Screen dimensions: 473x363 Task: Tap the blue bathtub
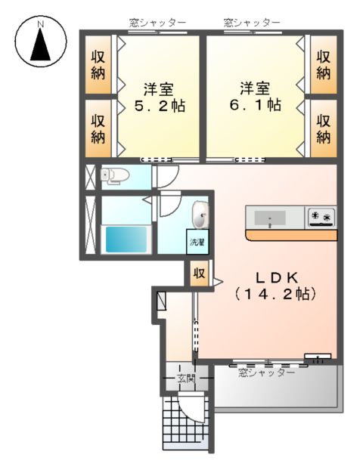(x=126, y=240)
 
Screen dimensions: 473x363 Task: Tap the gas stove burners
(x=321, y=218)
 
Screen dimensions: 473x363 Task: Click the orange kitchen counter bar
(x=291, y=235)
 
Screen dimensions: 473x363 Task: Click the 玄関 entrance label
(x=186, y=378)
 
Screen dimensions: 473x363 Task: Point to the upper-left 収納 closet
(x=98, y=66)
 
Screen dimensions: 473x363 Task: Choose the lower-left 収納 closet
(x=98, y=128)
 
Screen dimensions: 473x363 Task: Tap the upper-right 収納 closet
(x=323, y=66)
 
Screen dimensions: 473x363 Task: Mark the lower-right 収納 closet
(x=323, y=128)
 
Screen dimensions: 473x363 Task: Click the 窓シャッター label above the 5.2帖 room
(x=157, y=23)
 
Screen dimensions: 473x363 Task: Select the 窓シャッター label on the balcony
(x=266, y=373)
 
